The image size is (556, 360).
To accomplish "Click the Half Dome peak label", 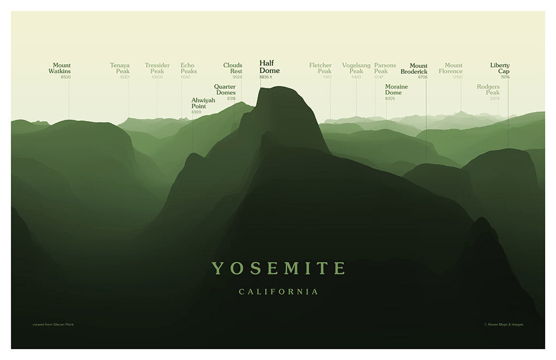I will (x=269, y=67).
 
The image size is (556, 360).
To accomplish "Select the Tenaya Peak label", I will (x=120, y=68).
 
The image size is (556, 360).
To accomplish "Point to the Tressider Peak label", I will (x=157, y=68).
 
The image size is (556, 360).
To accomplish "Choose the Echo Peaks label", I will (x=188, y=68).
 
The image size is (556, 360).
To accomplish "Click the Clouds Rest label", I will (x=233, y=68).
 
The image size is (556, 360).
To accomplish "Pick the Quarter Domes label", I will (x=225, y=90).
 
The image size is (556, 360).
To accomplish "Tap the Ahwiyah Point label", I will (x=203, y=103).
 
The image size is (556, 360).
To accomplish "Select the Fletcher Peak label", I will (x=320, y=68).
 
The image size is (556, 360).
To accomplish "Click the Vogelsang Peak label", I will (x=356, y=68).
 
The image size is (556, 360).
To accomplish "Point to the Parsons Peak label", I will (x=385, y=68).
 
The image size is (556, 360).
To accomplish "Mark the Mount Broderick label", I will (x=414, y=69).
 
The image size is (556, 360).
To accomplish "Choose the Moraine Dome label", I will (x=396, y=90).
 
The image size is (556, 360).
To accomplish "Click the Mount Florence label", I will (x=451, y=68).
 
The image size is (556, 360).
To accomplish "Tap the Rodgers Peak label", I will (x=488, y=90).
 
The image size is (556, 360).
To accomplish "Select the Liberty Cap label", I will (x=500, y=68).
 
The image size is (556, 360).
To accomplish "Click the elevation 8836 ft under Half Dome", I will (x=266, y=78).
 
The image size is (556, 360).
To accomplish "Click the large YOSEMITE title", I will (x=278, y=268).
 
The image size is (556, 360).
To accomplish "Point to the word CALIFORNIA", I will (x=279, y=292).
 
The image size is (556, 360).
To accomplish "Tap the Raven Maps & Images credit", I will (x=503, y=325).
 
